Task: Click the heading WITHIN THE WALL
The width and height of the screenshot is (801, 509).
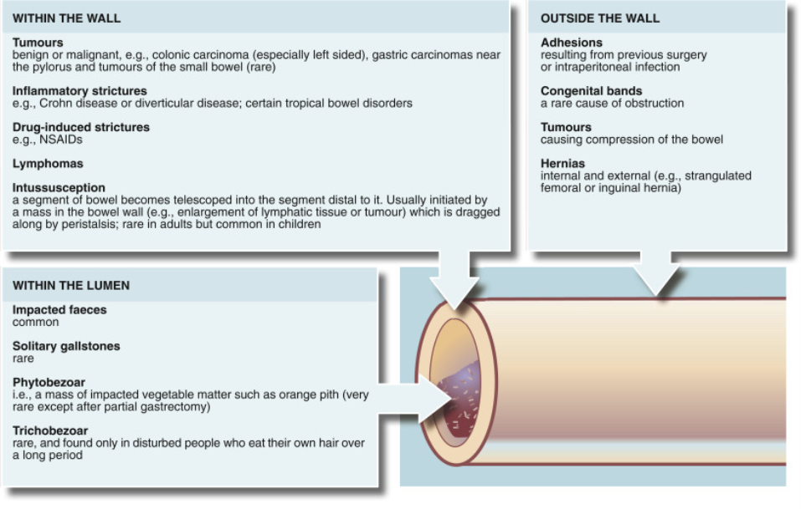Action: [67, 18]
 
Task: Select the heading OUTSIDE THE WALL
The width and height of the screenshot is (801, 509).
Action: [600, 18]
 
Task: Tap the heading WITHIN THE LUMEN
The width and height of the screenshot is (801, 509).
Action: [71, 286]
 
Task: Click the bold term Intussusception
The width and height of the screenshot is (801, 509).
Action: [59, 188]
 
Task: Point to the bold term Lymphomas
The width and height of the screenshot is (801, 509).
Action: [48, 164]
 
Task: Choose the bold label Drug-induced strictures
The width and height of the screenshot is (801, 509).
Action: [81, 127]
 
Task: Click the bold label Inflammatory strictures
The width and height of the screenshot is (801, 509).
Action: [80, 90]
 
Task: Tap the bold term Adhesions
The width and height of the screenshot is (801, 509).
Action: [572, 42]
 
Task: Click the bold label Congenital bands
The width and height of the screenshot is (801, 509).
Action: [592, 90]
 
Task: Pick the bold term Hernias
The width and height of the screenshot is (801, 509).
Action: [562, 164]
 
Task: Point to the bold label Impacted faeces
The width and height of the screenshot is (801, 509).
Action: [59, 310]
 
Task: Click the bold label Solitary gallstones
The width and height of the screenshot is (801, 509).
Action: [66, 346]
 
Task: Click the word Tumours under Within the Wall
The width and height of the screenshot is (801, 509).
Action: [38, 42]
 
